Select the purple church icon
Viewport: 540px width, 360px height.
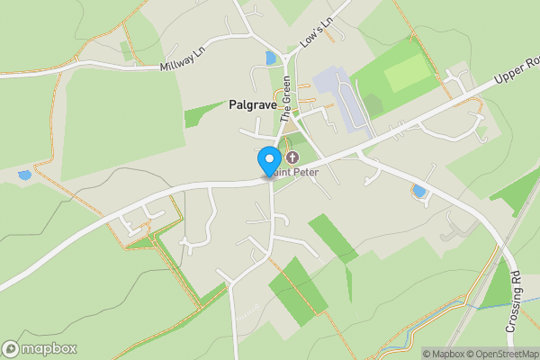[292, 157]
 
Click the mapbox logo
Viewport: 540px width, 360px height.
[40, 348]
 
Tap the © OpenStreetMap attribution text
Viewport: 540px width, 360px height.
[498, 354]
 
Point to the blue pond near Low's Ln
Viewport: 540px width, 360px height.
[270, 58]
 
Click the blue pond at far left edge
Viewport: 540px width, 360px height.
[24, 175]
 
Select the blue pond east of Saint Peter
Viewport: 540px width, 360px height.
[418, 191]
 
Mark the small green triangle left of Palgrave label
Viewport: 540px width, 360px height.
[199, 115]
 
